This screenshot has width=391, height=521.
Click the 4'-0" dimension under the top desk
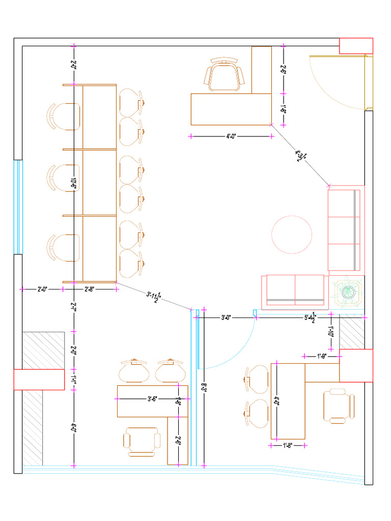click(231, 136)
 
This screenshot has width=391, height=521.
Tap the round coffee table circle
click(292, 235)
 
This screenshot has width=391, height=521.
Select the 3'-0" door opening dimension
click(226, 317)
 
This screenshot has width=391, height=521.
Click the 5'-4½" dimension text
click(310, 317)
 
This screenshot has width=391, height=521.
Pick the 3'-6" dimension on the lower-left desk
click(152, 399)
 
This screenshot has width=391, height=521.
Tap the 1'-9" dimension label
click(321, 356)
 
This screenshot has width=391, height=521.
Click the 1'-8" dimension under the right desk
click(288, 446)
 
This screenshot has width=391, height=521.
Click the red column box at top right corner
click(356, 45)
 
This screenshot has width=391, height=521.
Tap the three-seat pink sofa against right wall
click(345, 229)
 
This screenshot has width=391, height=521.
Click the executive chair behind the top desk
click(224, 75)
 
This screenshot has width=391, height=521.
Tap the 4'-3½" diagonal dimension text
click(300, 155)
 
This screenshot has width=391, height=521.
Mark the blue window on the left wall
click(18, 206)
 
